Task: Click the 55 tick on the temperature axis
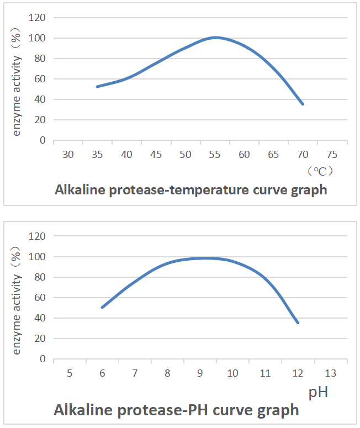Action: click(214, 155)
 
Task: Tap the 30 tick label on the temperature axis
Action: click(68, 155)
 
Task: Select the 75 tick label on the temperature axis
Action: click(332, 155)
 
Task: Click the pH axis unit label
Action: click(318, 393)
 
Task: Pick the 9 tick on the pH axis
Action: click(200, 374)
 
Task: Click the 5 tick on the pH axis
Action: click(70, 374)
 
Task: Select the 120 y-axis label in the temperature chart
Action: click(38, 18)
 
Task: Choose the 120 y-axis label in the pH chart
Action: click(38, 236)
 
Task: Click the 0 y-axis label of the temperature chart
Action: click(43, 140)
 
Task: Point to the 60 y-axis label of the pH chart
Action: click(40, 298)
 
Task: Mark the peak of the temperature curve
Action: click(215, 38)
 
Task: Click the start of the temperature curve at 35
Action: click(97, 87)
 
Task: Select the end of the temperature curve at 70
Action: click(303, 104)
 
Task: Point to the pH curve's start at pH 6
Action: click(102, 307)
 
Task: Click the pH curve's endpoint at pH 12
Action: click(298, 323)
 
